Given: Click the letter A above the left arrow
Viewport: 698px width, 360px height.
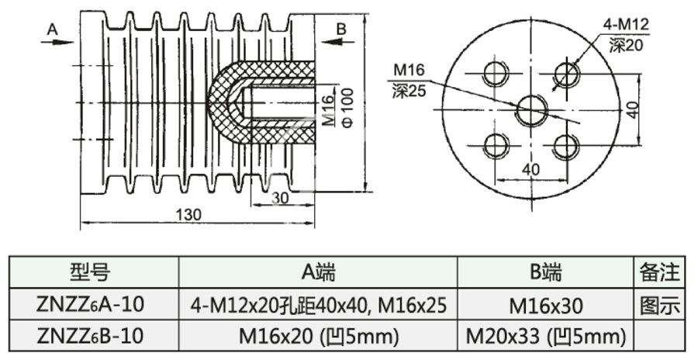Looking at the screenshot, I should click(53, 29).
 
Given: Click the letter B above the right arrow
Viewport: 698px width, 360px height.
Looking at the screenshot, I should click(341, 29).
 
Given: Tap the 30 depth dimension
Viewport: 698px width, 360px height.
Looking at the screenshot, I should click(280, 198).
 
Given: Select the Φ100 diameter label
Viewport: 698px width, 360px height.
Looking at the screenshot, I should click(348, 108).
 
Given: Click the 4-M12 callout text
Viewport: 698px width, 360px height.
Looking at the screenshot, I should click(625, 26).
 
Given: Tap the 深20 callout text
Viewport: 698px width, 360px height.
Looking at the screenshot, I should click(627, 46).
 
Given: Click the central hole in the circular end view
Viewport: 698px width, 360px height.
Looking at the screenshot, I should click(532, 109).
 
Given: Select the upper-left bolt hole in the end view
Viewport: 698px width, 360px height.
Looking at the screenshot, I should click(494, 74).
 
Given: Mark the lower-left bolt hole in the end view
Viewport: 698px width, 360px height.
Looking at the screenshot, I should click(494, 144).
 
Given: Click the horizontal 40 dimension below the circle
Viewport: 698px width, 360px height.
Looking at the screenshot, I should click(530, 169).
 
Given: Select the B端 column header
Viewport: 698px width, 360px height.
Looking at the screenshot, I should click(546, 272).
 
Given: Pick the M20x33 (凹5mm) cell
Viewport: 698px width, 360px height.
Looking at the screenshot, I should click(546, 337).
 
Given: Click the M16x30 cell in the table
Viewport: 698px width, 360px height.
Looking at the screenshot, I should click(546, 305).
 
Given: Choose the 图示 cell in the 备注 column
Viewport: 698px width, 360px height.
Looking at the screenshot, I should click(659, 305).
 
